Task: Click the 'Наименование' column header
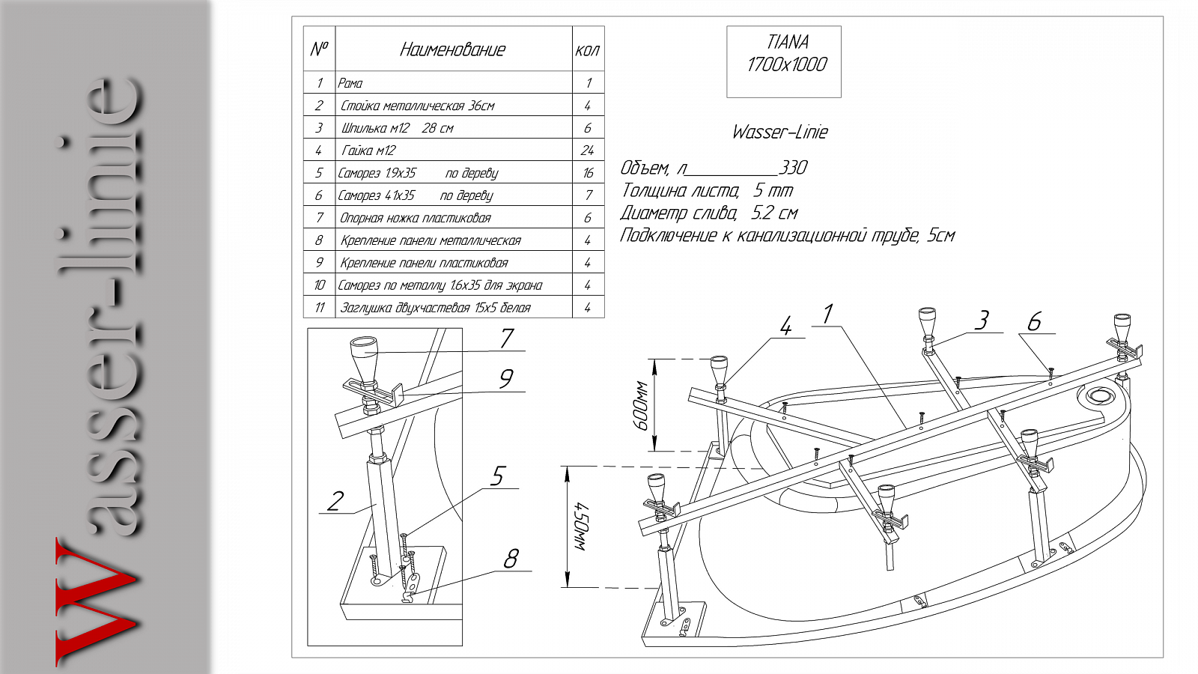452,49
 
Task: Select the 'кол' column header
587,51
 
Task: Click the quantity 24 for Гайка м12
587,151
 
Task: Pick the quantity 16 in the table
589,173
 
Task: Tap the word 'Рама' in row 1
350,83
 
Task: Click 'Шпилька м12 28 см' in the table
398,128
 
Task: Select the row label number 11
320,308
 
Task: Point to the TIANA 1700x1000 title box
783,61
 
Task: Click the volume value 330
793,168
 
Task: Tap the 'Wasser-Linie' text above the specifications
779,132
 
